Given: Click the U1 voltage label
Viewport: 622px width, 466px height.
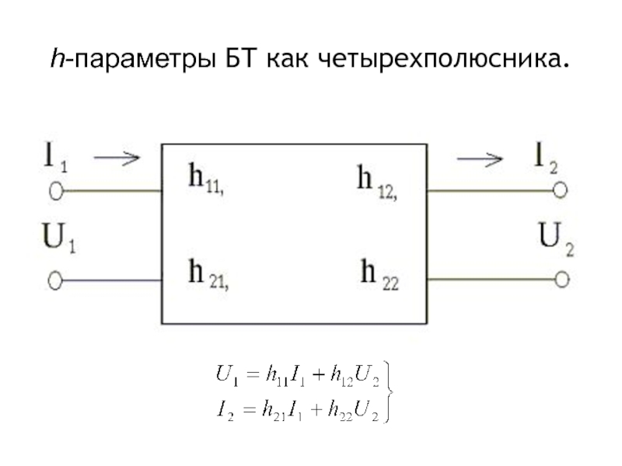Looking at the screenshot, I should (59, 239).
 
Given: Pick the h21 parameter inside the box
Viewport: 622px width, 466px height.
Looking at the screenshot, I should (208, 274).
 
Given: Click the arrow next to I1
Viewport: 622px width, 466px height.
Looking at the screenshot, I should (117, 158).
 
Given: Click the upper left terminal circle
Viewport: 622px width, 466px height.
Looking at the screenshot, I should (56, 190).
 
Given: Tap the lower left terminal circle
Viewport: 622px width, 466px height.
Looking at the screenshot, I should (55, 280).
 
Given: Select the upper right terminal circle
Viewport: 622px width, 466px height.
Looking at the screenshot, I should (561, 190).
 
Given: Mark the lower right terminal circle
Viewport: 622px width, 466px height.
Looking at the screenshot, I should (561, 278).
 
